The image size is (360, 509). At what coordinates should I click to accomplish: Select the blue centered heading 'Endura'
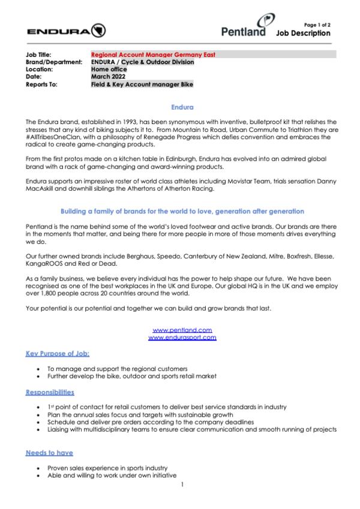tap(180, 108)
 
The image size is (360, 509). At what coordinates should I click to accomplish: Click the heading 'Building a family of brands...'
tap(180, 212)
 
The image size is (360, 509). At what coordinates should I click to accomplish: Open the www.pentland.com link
tap(182, 330)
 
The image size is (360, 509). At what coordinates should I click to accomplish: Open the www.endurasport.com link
tap(182, 338)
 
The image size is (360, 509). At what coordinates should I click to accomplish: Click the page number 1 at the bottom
tap(181, 485)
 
